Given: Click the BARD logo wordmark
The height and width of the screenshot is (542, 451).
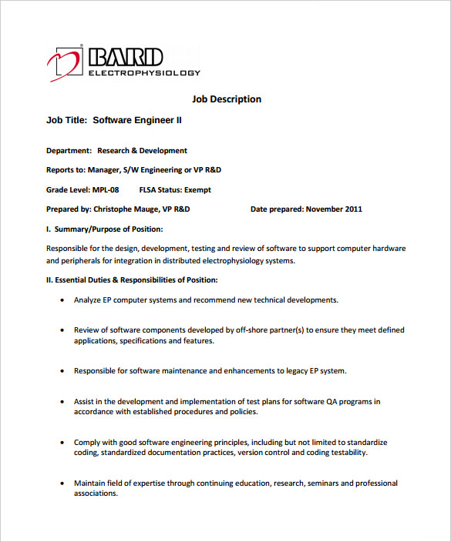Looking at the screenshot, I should [126, 57].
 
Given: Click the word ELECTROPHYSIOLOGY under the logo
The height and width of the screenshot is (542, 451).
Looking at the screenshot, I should [144, 73].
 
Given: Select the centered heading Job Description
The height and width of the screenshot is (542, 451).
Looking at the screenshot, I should [227, 99].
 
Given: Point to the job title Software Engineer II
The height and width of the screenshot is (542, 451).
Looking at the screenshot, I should [137, 120].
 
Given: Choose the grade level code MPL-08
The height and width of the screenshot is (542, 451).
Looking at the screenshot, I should [106, 189].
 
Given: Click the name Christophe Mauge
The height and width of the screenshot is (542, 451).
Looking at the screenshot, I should [126, 209].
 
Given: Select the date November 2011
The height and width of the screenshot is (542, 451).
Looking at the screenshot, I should [334, 209].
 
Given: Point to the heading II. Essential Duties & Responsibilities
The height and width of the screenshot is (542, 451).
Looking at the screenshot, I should [132, 279].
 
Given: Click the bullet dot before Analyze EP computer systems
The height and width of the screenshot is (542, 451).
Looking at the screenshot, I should [62, 300].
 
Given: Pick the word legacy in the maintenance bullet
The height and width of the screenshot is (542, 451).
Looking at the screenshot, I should [303, 371].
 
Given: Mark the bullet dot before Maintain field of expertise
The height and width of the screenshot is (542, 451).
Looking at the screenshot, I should [62, 483].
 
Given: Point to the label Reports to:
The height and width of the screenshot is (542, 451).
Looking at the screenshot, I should [65, 169].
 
